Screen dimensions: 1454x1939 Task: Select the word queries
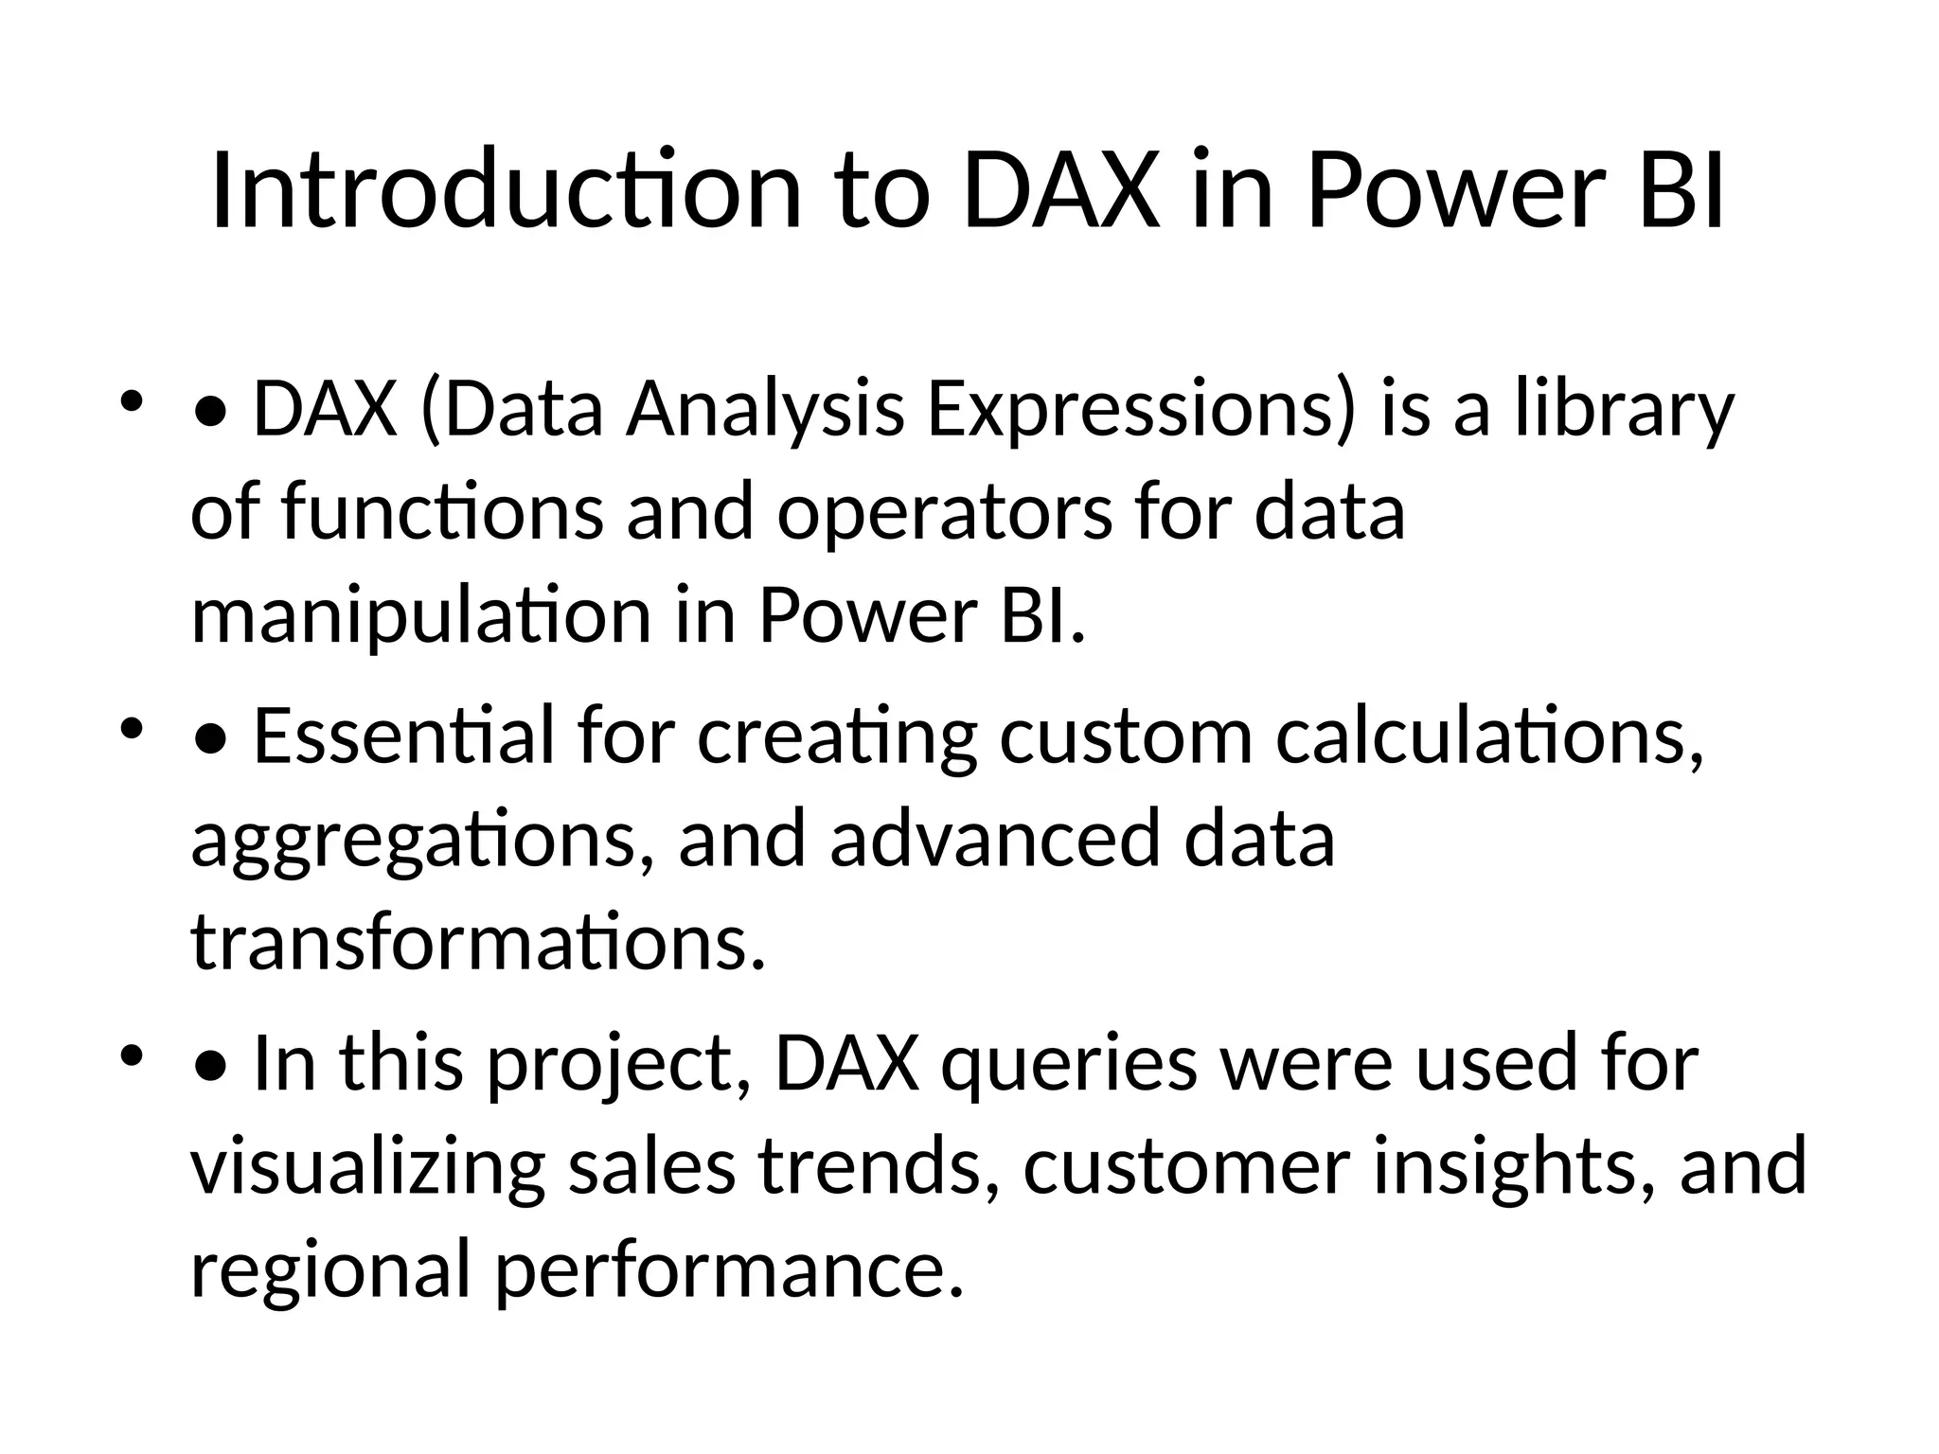(x=1069, y=1064)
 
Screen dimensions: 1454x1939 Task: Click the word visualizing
(x=367, y=1168)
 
